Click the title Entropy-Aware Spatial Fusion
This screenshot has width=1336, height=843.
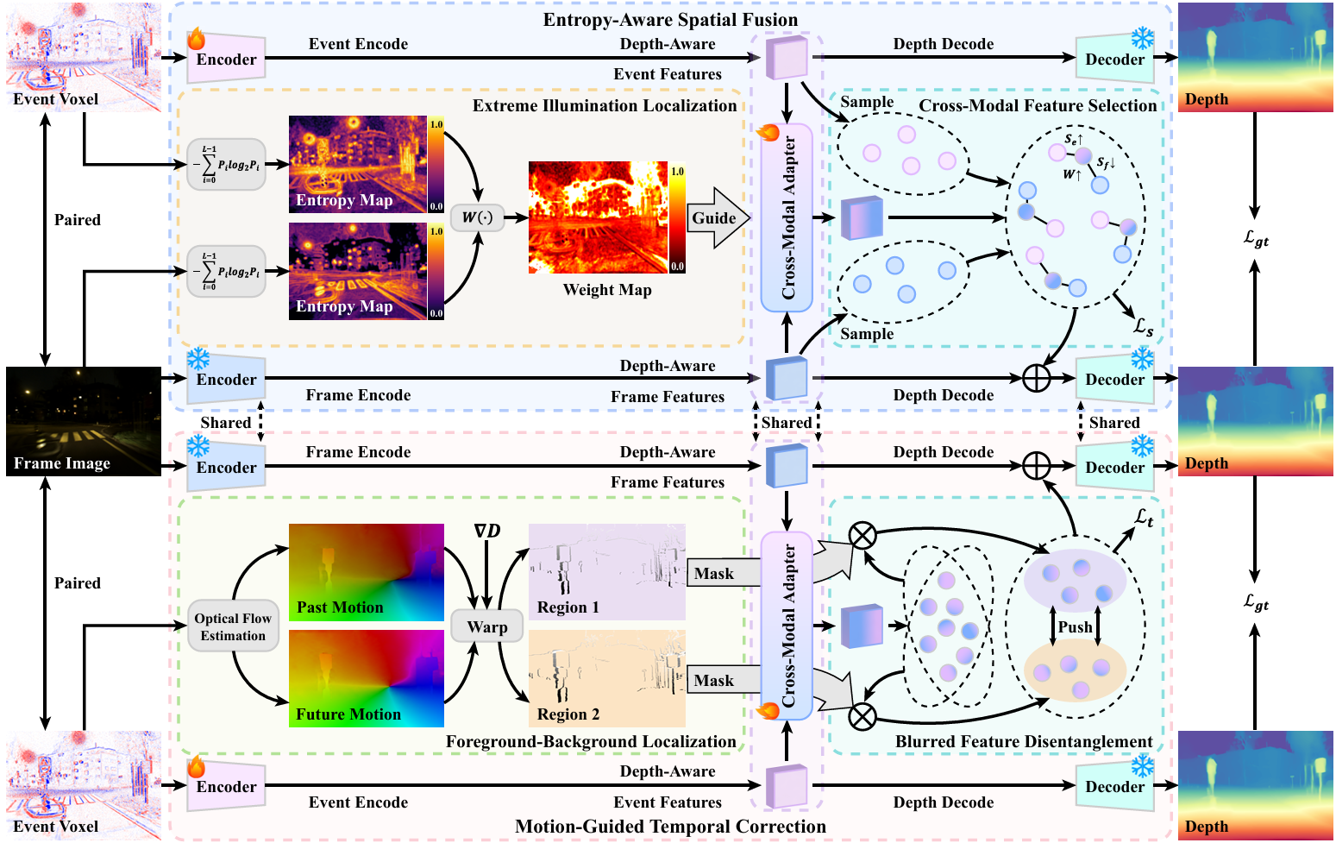670,19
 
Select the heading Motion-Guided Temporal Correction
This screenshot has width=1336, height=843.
670,827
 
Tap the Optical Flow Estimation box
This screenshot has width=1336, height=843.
233,626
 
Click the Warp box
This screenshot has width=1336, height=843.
487,627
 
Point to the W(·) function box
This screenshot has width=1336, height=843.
477,217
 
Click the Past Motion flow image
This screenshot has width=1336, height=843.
367,571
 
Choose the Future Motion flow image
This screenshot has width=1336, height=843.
367,678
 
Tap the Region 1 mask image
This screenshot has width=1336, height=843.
607,571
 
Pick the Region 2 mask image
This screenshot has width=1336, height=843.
607,678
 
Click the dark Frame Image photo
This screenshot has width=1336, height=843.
84,420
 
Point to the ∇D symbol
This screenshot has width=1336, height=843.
487,531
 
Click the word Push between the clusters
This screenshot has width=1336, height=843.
1075,627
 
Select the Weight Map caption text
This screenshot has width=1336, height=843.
607,290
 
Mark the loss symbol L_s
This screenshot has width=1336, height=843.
1144,327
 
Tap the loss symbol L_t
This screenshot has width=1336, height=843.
1144,518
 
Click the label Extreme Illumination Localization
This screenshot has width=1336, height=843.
605,105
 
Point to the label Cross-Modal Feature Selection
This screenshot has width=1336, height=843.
1038,105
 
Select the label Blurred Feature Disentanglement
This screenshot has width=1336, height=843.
1024,742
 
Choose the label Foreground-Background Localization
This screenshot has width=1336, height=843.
591,742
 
